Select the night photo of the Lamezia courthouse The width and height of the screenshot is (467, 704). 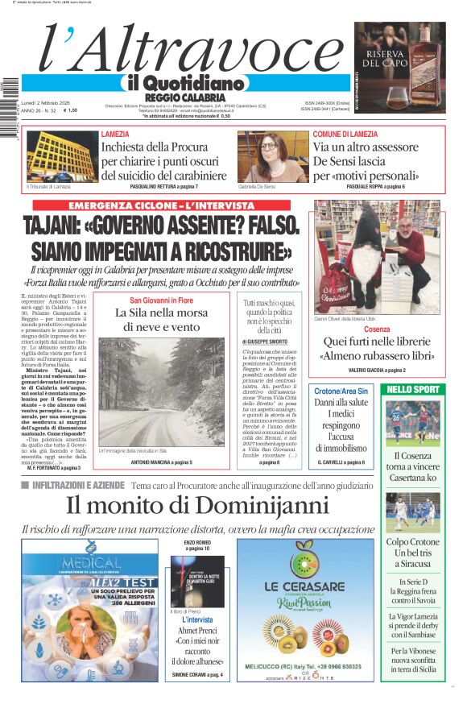(60, 157)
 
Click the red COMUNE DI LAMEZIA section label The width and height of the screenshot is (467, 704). (345, 134)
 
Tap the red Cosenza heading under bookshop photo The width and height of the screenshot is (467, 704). (377, 329)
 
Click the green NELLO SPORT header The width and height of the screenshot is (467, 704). (413, 389)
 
